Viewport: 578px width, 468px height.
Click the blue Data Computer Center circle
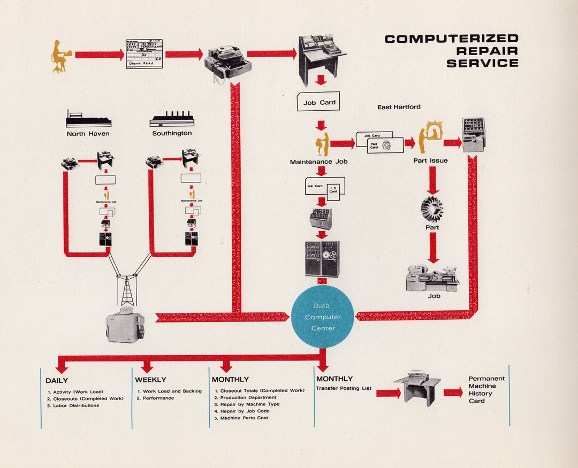point(323,317)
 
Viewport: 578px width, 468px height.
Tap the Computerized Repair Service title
point(452,51)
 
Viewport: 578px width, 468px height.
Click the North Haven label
point(88,134)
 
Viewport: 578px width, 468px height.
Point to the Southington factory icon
point(171,119)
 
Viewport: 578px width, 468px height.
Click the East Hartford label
point(399,107)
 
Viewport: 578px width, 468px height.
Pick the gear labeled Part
point(432,209)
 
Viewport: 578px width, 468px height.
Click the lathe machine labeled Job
point(432,279)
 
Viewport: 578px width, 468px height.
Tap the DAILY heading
point(57,380)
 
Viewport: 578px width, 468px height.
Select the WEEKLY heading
point(150,380)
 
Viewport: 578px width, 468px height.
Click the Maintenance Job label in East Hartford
point(318,162)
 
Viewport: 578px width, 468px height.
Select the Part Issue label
point(430,160)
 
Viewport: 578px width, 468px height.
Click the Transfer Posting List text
point(343,388)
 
